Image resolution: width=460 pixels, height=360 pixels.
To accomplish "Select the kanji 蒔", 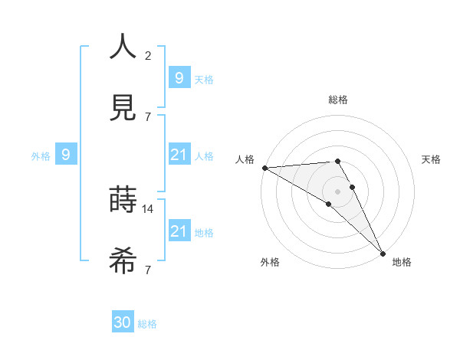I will pos(123,200).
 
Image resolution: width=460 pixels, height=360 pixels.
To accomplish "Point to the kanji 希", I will pos(123,261).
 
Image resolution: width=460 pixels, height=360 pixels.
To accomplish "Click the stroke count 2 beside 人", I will pos(148,55).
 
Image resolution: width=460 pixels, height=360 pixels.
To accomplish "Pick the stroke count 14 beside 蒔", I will pos(149,208).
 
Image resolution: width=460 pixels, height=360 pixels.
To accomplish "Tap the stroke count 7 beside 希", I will pos(148,270).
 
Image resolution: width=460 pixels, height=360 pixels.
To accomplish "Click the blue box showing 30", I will pos(123,322).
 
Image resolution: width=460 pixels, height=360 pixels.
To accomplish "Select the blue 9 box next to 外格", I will pos(66,155).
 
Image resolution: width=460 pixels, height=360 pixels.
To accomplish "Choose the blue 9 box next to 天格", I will pos(179,77).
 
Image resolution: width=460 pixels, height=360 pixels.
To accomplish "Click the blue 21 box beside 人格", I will pos(179,155).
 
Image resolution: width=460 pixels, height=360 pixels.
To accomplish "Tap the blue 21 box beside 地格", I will pos(179,231).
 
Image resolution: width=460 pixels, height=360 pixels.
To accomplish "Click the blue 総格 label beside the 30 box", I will pos(147,324).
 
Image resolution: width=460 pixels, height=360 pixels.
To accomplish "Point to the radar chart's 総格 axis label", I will pos(337,100).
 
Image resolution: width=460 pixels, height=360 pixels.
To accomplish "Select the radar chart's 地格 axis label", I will pos(402,263).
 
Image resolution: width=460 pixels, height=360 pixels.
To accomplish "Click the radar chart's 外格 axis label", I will pos(270,263).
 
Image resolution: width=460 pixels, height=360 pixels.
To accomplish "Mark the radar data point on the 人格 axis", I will pos(264,168).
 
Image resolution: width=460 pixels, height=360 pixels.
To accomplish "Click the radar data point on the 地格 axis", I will pos(383,253).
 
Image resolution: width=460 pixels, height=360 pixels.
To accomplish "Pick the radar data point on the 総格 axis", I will pos(337,161).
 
